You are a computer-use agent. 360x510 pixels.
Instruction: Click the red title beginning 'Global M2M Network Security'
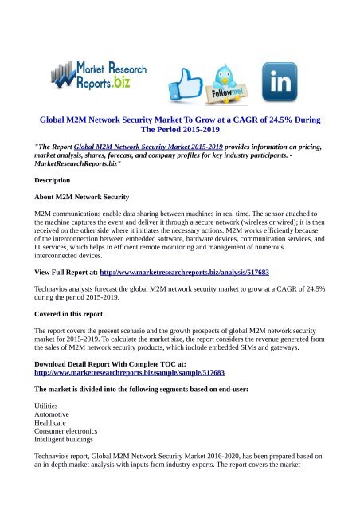click(179, 126)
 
